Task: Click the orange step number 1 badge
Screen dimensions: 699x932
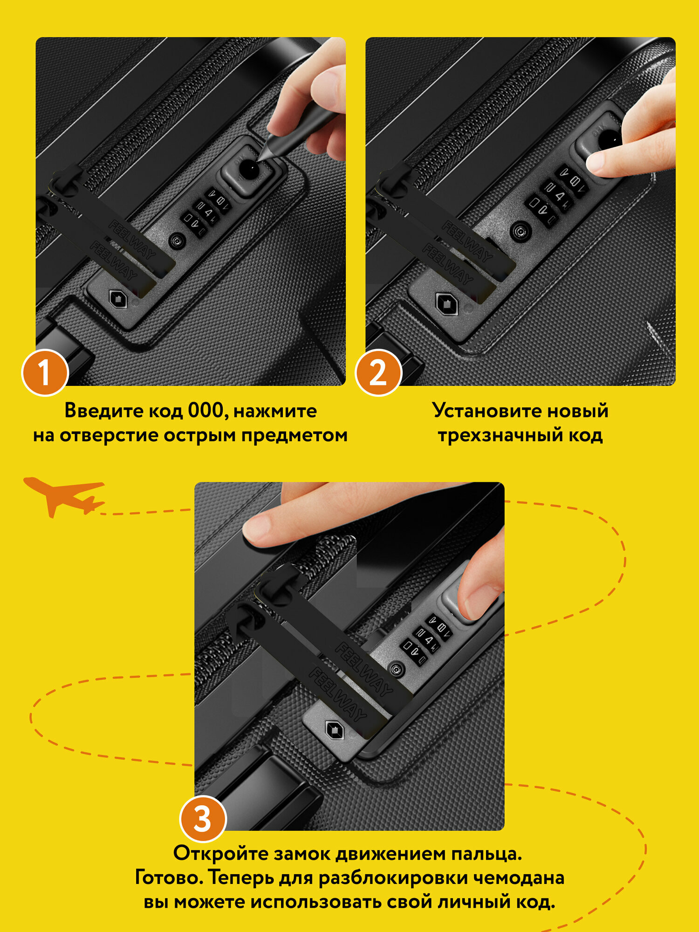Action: coord(45,373)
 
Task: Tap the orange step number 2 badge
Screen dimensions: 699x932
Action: coord(378,373)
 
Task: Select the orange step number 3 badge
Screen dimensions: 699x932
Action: coord(203,819)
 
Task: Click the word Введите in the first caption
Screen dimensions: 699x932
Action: coord(104,411)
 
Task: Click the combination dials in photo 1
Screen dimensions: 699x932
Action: coord(206,212)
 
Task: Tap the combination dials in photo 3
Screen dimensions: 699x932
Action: coord(426,639)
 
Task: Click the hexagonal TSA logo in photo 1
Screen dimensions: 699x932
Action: coord(118,299)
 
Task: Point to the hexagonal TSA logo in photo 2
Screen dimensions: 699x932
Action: coord(447,305)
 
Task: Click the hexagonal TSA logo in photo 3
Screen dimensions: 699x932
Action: coord(334,730)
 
